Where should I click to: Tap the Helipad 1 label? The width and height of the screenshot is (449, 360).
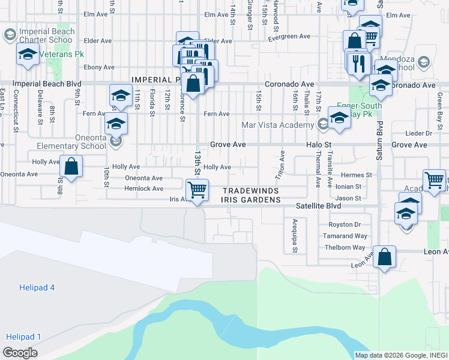pyautogui.click(x=23, y=337)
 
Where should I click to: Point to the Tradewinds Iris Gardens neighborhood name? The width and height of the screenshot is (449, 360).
pyautogui.click(x=252, y=196)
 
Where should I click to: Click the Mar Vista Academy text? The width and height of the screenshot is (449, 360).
pyautogui.click(x=277, y=125)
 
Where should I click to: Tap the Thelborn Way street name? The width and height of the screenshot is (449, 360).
pyautogui.click(x=345, y=248)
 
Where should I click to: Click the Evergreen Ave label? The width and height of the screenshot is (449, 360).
pyautogui.click(x=289, y=37)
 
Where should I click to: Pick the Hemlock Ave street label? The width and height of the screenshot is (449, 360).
pyautogui.click(x=143, y=188)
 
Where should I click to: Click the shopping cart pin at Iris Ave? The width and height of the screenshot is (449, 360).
pyautogui.click(x=197, y=191)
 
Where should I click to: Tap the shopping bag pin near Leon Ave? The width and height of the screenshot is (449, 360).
pyautogui.click(x=385, y=257)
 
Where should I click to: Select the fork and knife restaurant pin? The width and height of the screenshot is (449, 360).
pyautogui.click(x=359, y=64)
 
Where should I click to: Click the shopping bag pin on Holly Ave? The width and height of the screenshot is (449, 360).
pyautogui.click(x=71, y=167)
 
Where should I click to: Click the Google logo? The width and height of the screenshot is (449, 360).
pyautogui.click(x=20, y=353)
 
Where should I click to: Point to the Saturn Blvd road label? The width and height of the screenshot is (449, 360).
pyautogui.click(x=379, y=143)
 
